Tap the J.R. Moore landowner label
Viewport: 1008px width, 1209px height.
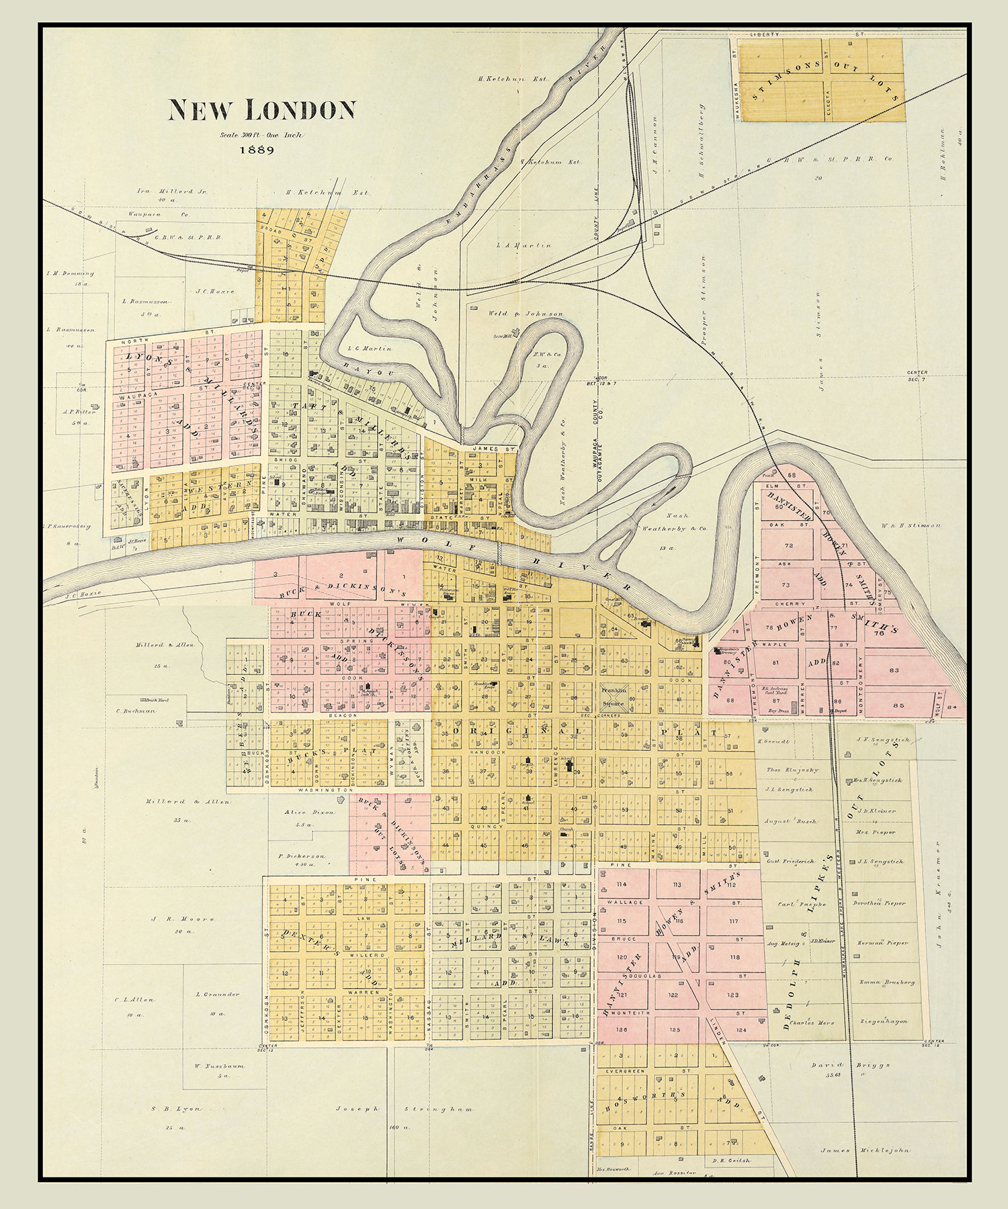click(x=173, y=919)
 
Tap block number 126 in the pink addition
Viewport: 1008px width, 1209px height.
click(x=621, y=1030)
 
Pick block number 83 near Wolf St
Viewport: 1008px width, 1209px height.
click(x=893, y=670)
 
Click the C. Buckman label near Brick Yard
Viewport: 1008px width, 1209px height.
click(x=136, y=711)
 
